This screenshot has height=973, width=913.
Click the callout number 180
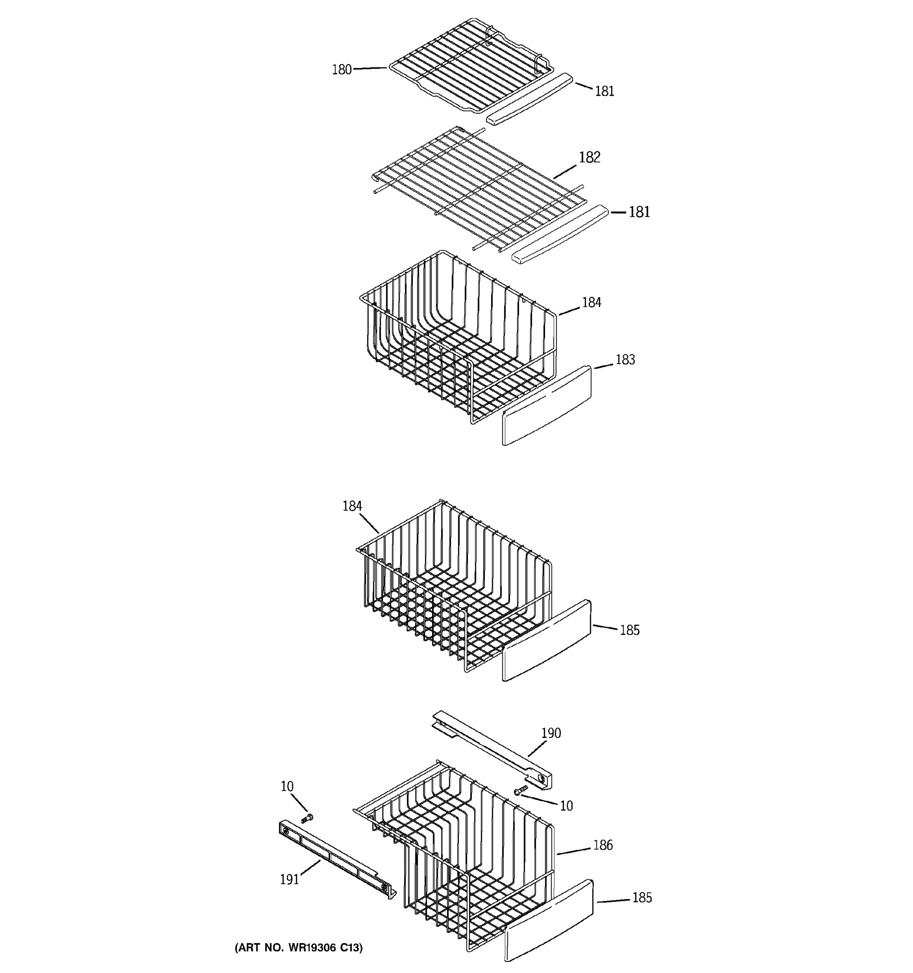pos(342,70)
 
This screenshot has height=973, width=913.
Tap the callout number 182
pos(589,157)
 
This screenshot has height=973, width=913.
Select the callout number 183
pos(625,360)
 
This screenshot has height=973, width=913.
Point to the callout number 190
pos(551,733)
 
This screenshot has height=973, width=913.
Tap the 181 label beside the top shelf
pos(605,92)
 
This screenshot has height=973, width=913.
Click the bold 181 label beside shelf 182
pos(639,212)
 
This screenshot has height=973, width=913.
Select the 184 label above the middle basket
pos(352,506)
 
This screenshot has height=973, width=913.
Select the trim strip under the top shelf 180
pos(529,99)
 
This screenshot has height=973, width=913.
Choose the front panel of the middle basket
pos(547,640)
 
